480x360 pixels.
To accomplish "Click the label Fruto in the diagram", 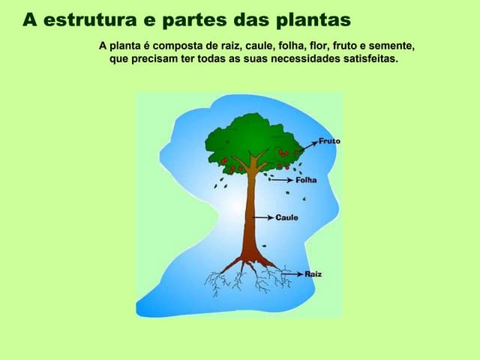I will [x=329, y=141].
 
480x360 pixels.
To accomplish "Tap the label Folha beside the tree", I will [x=306, y=180].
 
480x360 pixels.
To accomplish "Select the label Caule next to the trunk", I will [x=286, y=217].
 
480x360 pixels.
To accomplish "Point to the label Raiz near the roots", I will [x=313, y=274].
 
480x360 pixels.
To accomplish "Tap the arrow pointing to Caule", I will [x=265, y=217].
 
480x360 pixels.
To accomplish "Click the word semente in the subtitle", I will [x=391, y=46].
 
